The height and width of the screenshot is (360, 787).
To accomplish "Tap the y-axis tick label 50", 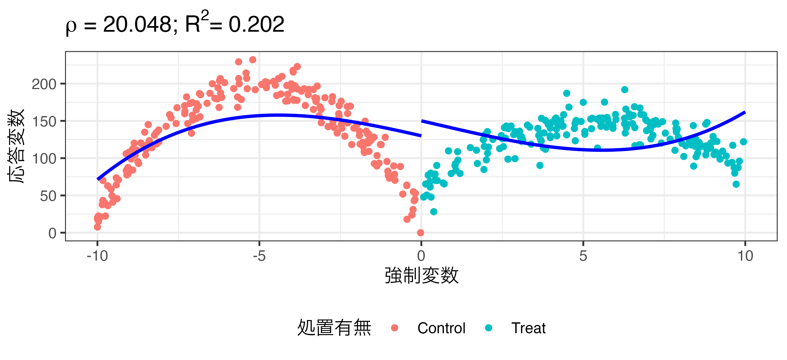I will coord(48,196).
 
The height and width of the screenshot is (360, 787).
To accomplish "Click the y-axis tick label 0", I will coord(52,233).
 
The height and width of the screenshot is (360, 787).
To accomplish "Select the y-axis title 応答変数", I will coord(16,146).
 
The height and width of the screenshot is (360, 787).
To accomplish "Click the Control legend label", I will coord(441,328).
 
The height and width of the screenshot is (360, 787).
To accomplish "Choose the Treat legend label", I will coord(528,328).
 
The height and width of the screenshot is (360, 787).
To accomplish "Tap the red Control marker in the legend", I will coord(394,328).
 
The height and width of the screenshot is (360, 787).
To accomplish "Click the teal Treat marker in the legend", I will coord(489,328).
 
